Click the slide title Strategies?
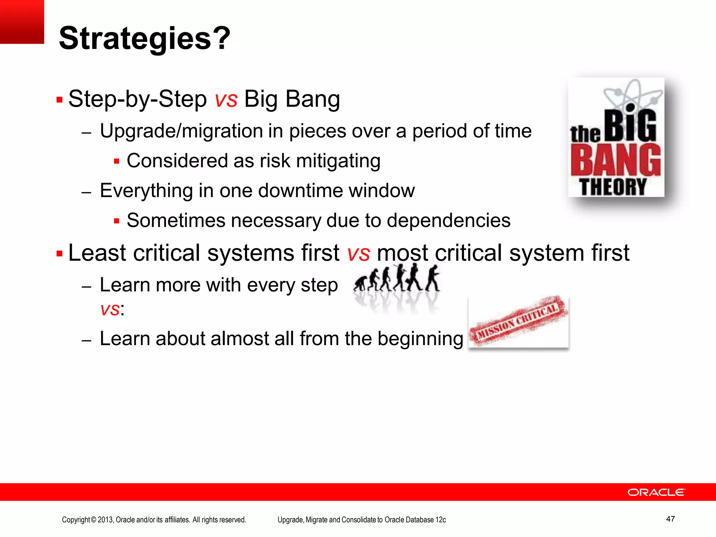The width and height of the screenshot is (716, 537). [x=144, y=38]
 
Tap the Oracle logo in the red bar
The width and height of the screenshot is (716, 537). [x=656, y=492]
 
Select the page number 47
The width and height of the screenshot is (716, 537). [x=670, y=519]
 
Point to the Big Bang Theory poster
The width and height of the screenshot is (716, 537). [x=616, y=137]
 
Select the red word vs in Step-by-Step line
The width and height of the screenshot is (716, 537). [x=226, y=99]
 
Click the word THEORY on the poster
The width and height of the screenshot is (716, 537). [x=613, y=187]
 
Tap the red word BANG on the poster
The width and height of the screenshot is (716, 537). [x=615, y=160]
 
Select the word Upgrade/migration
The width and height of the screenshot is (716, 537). [x=181, y=131]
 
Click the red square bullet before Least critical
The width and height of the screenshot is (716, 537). [x=59, y=253]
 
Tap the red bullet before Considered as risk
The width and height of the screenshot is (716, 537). [x=117, y=162]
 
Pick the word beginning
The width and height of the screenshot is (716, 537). [x=420, y=339]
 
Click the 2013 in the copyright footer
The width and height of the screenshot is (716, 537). [x=105, y=520]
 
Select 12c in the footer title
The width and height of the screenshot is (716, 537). [x=441, y=520]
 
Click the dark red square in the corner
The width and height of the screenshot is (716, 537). [x=22, y=22]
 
